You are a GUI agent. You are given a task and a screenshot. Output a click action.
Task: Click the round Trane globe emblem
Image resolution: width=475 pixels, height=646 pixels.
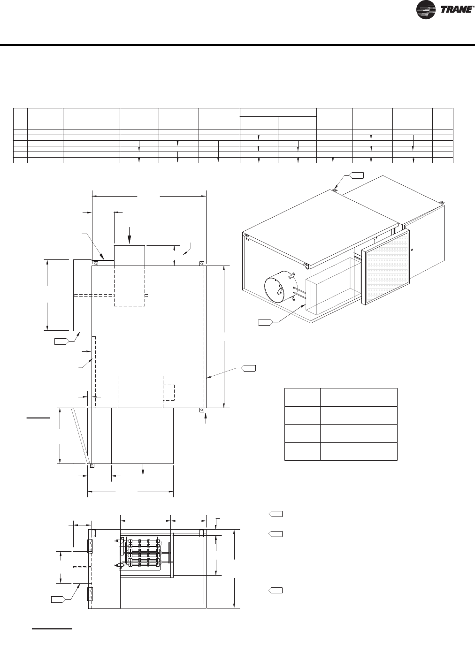(x=426, y=10)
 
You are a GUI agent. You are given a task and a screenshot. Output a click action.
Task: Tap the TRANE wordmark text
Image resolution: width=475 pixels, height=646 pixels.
(x=456, y=10)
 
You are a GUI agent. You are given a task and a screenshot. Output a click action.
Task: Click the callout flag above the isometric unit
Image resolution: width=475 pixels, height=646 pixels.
(x=356, y=175)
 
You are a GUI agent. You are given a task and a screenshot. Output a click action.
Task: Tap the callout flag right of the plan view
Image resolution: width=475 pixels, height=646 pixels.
(x=248, y=368)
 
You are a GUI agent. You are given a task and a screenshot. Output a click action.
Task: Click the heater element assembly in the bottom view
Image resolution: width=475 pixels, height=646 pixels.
(x=142, y=555)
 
